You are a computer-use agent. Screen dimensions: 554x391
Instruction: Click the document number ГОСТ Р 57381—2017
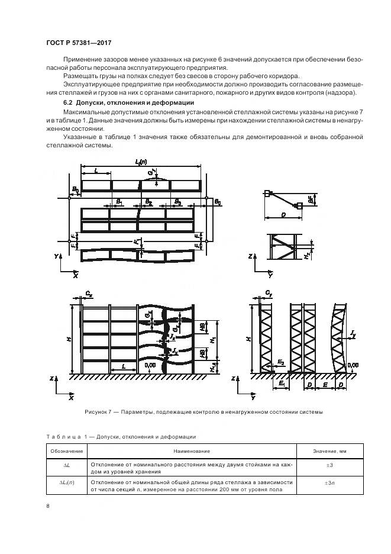point(79,43)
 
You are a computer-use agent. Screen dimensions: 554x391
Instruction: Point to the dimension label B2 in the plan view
point(148,202)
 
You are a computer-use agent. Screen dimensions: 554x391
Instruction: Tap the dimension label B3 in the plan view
point(177,202)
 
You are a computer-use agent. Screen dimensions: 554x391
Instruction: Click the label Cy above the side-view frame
point(269,292)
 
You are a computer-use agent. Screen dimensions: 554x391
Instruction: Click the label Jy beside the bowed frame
point(353,336)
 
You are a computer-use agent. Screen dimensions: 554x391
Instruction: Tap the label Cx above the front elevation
point(88,292)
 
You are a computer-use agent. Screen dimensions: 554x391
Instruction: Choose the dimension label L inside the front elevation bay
point(124,368)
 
